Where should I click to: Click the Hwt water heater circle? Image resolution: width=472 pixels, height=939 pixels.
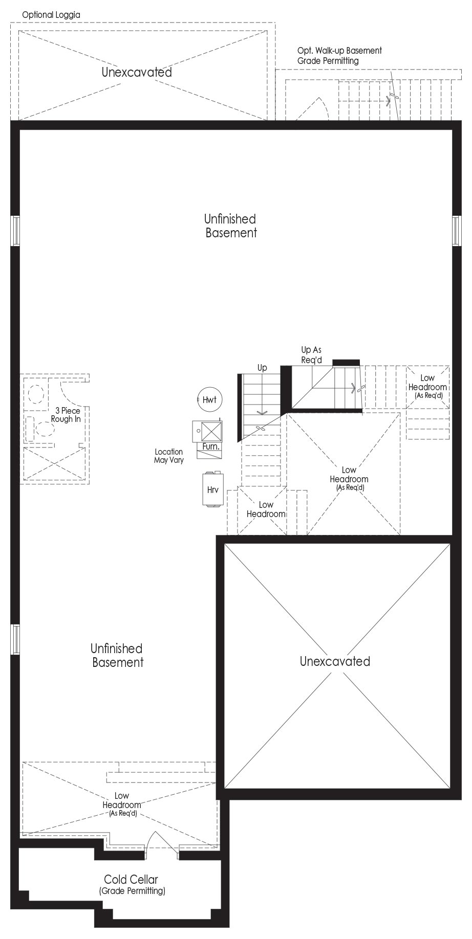[x=209, y=400]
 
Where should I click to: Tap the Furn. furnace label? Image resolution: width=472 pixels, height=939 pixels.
[x=211, y=446]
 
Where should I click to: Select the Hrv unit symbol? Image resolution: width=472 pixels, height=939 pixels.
[x=212, y=489]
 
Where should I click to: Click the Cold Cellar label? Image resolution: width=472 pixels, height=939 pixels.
[x=131, y=879]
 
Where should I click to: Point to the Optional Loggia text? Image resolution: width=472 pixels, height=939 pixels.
[x=51, y=15]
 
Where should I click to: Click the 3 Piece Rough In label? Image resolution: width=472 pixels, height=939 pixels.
[x=66, y=415]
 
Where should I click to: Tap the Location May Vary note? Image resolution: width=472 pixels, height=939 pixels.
[x=169, y=456]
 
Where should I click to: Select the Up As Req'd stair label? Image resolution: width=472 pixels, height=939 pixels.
[x=311, y=355]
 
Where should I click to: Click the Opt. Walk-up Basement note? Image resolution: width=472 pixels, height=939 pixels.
[x=339, y=51]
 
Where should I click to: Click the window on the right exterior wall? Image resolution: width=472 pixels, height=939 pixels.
[x=457, y=230]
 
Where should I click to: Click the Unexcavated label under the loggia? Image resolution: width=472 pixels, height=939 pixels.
[x=137, y=72]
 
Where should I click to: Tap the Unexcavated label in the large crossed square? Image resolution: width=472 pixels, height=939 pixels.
[x=335, y=661]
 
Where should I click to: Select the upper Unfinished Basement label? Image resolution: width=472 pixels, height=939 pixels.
[x=230, y=226]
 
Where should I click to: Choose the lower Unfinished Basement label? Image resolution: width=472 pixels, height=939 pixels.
[x=117, y=655]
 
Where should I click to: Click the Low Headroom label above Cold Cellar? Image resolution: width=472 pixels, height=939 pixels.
[x=122, y=804]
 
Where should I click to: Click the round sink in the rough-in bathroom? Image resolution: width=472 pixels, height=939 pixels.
[x=35, y=394]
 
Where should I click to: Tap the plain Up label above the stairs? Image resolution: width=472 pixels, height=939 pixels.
[x=262, y=368]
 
